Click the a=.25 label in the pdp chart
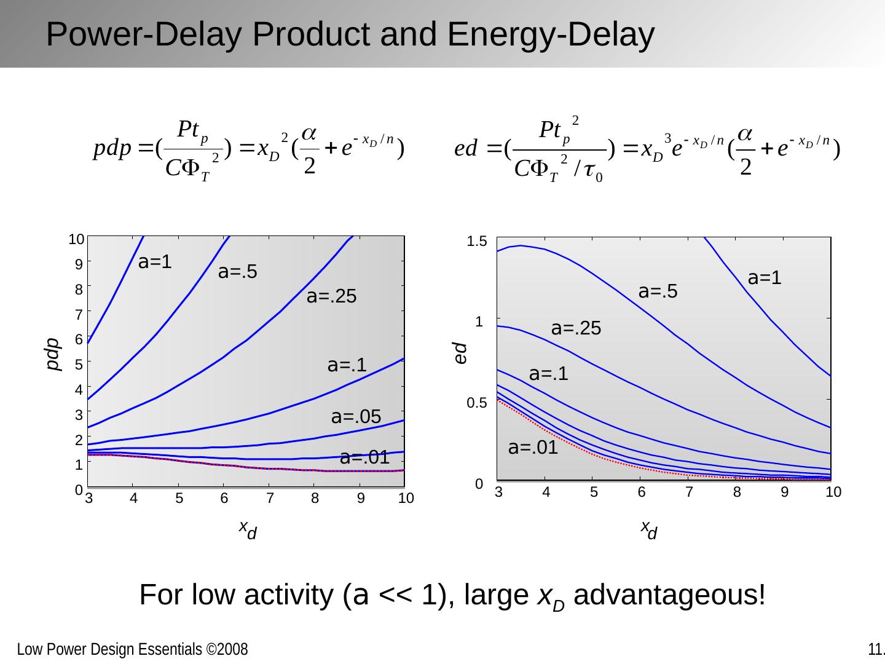[x=331, y=297]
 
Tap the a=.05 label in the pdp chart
[x=356, y=417]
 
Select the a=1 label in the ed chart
[x=765, y=278]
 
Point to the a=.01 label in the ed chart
[x=533, y=448]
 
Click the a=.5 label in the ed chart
[x=658, y=291]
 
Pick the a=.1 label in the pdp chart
[x=347, y=365]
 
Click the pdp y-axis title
[x=54, y=354]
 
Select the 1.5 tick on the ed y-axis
[x=477, y=242]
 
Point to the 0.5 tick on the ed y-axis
[x=477, y=403]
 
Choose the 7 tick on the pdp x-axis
[x=270, y=499]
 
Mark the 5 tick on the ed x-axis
[x=594, y=492]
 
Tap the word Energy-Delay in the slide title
[x=551, y=34]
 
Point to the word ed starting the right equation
[x=466, y=149]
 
